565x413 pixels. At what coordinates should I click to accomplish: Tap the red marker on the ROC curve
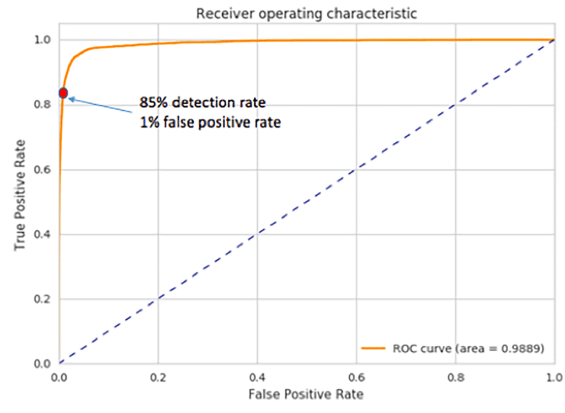click(x=63, y=93)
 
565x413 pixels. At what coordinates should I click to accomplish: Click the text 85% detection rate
click(x=202, y=103)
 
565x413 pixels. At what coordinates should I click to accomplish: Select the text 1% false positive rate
click(x=210, y=122)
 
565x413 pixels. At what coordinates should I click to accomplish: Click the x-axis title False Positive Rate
click(x=306, y=394)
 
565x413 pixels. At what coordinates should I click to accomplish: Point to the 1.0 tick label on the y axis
click(x=44, y=40)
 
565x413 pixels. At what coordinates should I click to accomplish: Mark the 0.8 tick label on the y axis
click(x=44, y=105)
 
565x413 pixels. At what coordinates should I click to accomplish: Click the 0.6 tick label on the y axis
click(x=44, y=170)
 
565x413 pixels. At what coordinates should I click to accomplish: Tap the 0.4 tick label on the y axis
click(x=44, y=234)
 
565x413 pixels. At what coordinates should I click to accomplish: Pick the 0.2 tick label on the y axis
click(x=44, y=299)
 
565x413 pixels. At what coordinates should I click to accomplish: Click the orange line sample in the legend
click(x=374, y=348)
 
